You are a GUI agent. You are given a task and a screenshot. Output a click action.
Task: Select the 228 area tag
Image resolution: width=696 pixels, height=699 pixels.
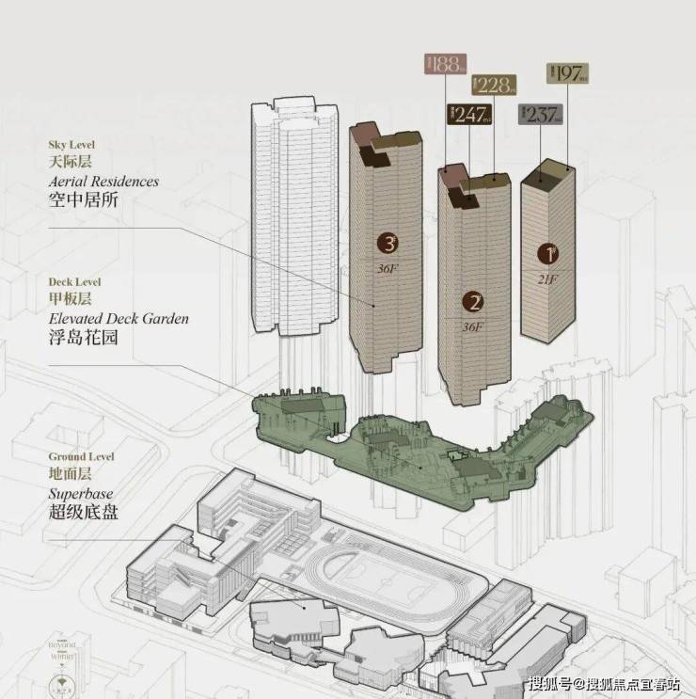493,85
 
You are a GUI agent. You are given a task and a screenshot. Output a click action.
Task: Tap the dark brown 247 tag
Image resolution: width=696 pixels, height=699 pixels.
468,116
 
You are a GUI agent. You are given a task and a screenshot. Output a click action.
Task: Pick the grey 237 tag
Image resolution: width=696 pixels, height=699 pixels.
540,115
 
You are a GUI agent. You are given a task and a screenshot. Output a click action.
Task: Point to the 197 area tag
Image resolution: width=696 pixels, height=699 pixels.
566,73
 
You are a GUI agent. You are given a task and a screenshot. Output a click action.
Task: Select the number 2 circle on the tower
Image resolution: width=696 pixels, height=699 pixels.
473,302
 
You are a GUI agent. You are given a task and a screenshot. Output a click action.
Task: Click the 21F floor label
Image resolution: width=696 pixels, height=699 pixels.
547,278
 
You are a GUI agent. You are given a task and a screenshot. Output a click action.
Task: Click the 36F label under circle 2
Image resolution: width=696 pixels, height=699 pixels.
472,327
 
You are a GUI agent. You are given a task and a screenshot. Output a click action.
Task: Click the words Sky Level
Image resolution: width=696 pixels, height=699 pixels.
72,146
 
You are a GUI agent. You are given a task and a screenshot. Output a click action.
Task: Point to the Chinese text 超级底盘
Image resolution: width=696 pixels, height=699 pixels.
85,513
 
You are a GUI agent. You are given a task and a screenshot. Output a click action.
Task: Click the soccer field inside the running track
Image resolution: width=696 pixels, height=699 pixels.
374,573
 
